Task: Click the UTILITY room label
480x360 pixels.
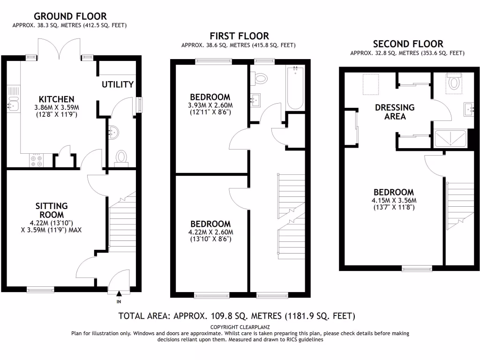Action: tap(118, 84)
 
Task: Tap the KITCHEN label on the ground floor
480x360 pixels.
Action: tap(56, 99)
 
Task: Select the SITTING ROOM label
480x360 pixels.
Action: tap(52, 210)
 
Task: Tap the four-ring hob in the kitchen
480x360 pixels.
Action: tap(36, 161)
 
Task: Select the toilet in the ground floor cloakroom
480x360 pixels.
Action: tap(121, 156)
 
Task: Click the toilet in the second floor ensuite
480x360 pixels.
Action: tap(454, 83)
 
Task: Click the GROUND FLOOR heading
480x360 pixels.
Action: tap(70, 16)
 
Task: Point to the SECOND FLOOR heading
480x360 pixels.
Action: tap(407, 44)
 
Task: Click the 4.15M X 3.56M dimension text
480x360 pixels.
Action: tap(394, 200)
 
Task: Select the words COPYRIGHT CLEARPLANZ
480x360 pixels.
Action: tap(240, 327)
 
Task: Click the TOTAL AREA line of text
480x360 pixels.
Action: tap(237, 315)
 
